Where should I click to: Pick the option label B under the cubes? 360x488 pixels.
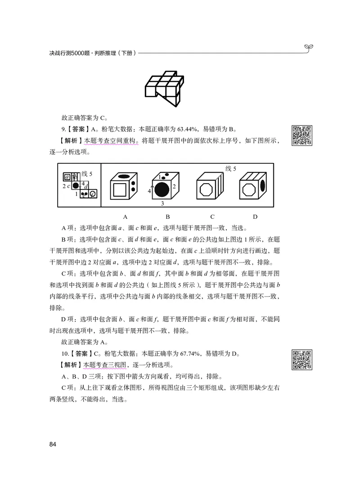(x=167, y=217)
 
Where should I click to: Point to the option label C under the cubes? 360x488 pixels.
(x=212, y=217)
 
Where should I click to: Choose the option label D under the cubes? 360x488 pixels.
(x=255, y=217)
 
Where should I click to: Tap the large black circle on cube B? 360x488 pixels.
(x=164, y=190)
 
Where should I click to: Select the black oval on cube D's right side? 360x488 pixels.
(x=263, y=186)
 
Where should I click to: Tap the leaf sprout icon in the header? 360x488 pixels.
(x=309, y=46)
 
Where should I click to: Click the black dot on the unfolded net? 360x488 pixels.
(x=76, y=185)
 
